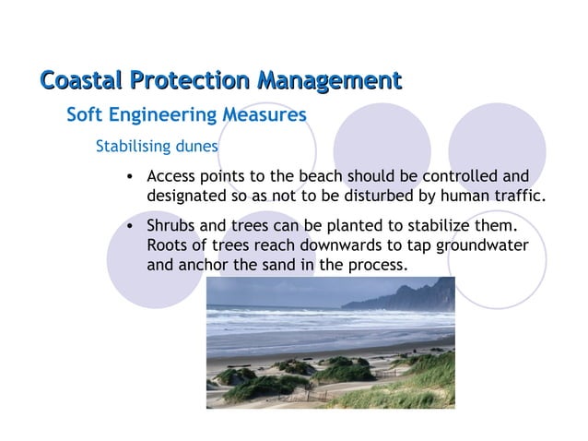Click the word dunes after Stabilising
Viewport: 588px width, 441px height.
click(198, 147)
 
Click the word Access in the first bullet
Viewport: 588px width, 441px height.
click(171, 176)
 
